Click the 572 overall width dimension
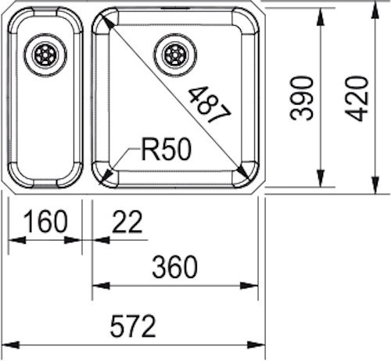pyautogui.click(x=133, y=326)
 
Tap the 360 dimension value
pyautogui.click(x=174, y=267)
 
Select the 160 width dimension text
pyautogui.click(x=45, y=221)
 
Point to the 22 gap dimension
pyautogui.click(x=127, y=221)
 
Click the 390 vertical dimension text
pyautogui.click(x=301, y=98)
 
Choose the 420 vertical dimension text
pyautogui.click(x=357, y=98)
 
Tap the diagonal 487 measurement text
pyautogui.click(x=210, y=104)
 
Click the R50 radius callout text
pyautogui.click(x=166, y=149)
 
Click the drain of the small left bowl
pyautogui.click(x=45, y=55)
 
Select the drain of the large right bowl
pyautogui.click(x=175, y=55)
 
